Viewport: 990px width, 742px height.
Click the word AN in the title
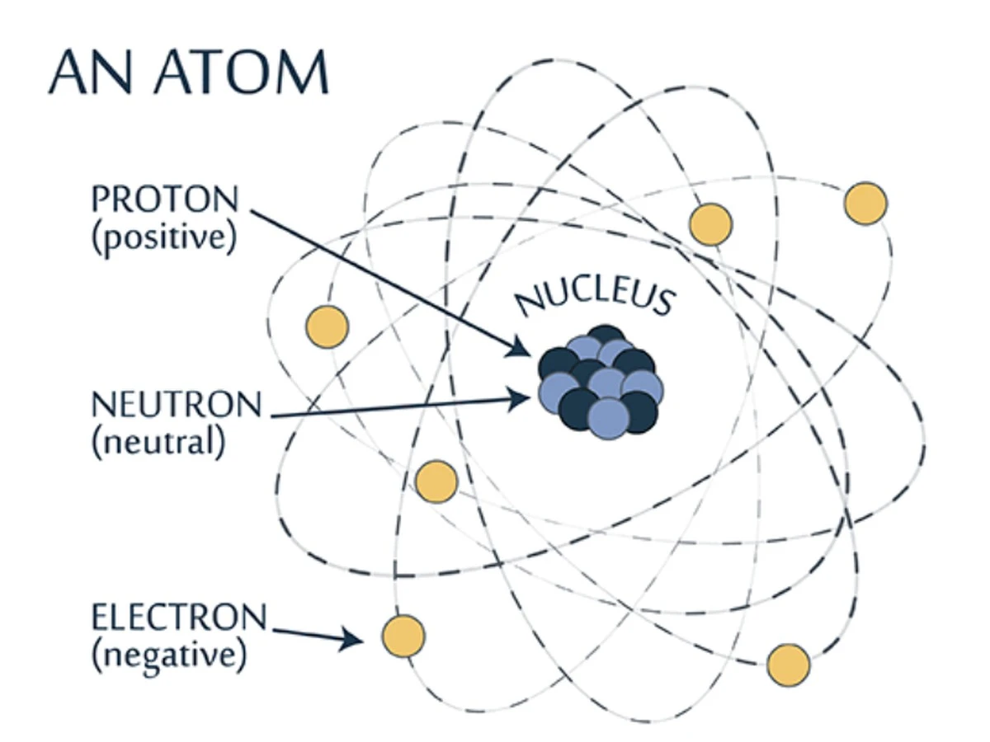coord(91,72)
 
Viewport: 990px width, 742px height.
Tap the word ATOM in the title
coord(241,72)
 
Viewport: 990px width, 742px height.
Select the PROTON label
coord(165,199)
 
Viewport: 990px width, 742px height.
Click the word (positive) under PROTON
coord(164,237)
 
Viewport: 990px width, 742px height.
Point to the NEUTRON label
coord(177,404)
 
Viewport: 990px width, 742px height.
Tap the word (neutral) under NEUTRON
coord(158,442)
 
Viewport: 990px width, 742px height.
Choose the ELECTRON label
coord(179,618)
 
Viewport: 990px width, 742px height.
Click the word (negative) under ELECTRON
coord(170,656)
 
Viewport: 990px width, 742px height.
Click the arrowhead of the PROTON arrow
coord(519,348)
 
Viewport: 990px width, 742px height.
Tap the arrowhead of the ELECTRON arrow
coord(351,638)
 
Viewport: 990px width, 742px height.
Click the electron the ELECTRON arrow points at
coord(403,636)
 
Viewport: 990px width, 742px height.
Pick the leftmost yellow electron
coord(327,327)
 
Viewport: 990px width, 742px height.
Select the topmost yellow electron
coord(865,203)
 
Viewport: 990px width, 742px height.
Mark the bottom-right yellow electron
coord(789,665)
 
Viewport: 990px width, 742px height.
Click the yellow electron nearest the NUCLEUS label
coord(711,224)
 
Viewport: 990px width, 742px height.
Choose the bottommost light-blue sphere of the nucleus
coord(609,420)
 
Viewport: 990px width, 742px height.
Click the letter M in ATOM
coord(302,72)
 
